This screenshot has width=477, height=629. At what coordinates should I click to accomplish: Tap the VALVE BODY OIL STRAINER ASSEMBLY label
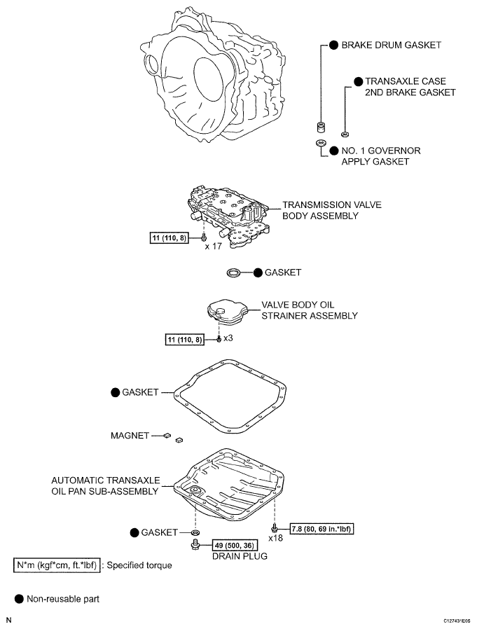[309, 311]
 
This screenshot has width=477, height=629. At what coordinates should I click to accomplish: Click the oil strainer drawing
[226, 312]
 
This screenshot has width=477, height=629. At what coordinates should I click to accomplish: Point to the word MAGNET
[130, 436]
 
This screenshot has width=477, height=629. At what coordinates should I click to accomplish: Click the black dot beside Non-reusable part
[19, 599]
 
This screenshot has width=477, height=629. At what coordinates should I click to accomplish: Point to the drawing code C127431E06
[455, 621]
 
